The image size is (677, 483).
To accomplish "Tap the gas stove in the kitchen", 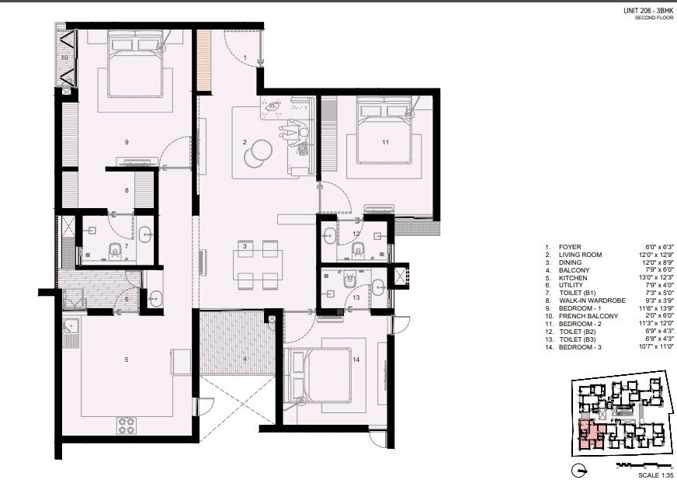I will pos(127,425).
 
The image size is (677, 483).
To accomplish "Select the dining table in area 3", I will pos(257,264).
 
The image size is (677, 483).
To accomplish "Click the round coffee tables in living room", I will pos(258,152).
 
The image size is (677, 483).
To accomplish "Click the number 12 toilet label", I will pos(356,233).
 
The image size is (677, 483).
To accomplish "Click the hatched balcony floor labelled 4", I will pos(234,342).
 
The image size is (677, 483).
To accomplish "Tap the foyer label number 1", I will pos(244,57).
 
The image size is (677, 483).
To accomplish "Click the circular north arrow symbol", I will pos(579,470).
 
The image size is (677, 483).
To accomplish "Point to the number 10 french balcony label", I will pos(65,57).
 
